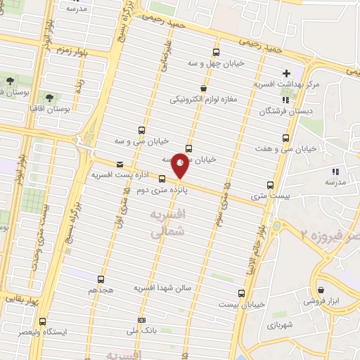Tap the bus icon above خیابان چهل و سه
(x=216, y=52)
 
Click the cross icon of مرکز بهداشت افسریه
(x=286, y=73)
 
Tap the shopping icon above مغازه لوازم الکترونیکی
(x=203, y=88)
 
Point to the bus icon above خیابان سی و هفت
(x=285, y=138)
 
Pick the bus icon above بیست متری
(x=270, y=186)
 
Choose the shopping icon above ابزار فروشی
(x=321, y=290)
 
